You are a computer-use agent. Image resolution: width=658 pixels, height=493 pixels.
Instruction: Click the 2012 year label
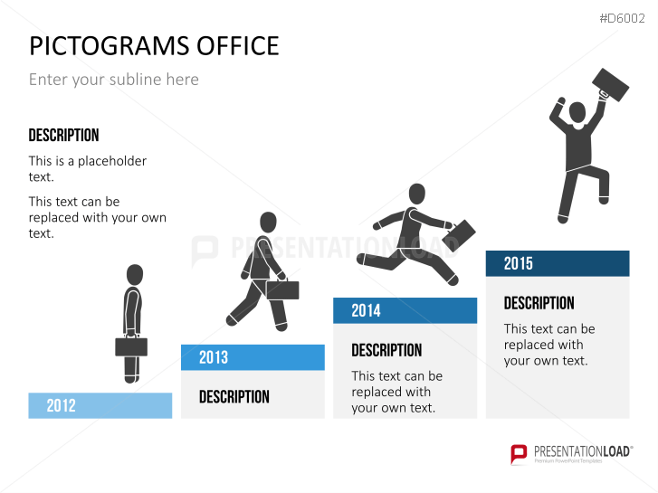pyautogui.click(x=61, y=406)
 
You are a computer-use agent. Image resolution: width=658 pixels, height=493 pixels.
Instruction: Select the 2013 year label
pyautogui.click(x=214, y=357)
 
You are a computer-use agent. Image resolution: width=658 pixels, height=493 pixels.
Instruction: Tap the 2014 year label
pyautogui.click(x=366, y=310)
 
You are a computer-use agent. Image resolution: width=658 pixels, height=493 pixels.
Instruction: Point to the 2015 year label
pyautogui.click(x=518, y=263)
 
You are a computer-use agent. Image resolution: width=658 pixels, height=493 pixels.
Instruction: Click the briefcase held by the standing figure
pyautogui.click(x=131, y=346)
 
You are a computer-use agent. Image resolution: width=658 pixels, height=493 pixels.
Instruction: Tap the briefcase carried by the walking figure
pyautogui.click(x=282, y=289)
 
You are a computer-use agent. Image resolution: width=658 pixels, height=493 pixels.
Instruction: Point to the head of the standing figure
pyautogui.click(x=135, y=275)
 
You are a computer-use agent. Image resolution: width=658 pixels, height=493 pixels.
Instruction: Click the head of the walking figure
pyautogui.click(x=268, y=222)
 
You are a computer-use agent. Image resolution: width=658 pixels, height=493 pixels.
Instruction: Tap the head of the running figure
pyautogui.click(x=416, y=194)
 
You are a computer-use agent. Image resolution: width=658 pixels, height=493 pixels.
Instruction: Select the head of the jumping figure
pyautogui.click(x=577, y=112)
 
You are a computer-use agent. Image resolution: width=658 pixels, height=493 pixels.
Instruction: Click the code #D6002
pyautogui.click(x=622, y=18)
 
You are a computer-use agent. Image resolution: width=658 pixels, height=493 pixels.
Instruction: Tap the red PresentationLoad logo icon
pyautogui.click(x=519, y=454)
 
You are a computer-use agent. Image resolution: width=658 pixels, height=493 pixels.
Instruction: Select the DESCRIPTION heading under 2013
pyautogui.click(x=234, y=396)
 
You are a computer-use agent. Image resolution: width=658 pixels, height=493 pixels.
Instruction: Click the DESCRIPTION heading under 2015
pyautogui.click(x=539, y=303)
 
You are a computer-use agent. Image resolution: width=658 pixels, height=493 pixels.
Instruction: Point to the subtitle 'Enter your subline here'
pyautogui.click(x=114, y=80)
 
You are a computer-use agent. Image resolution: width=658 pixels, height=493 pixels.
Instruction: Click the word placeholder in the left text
pyautogui.click(x=112, y=161)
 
